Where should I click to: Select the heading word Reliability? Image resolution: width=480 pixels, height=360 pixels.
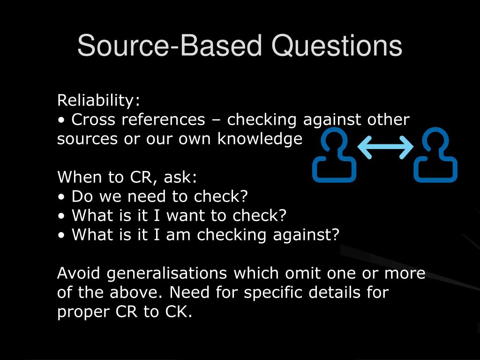click(x=98, y=100)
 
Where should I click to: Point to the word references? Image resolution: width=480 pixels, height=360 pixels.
click(x=163, y=120)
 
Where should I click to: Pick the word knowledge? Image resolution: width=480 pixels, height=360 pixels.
click(x=260, y=139)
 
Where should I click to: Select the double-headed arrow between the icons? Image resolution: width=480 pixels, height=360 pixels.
click(x=385, y=147)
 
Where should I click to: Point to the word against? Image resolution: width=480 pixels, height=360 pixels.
click(x=306, y=235)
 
